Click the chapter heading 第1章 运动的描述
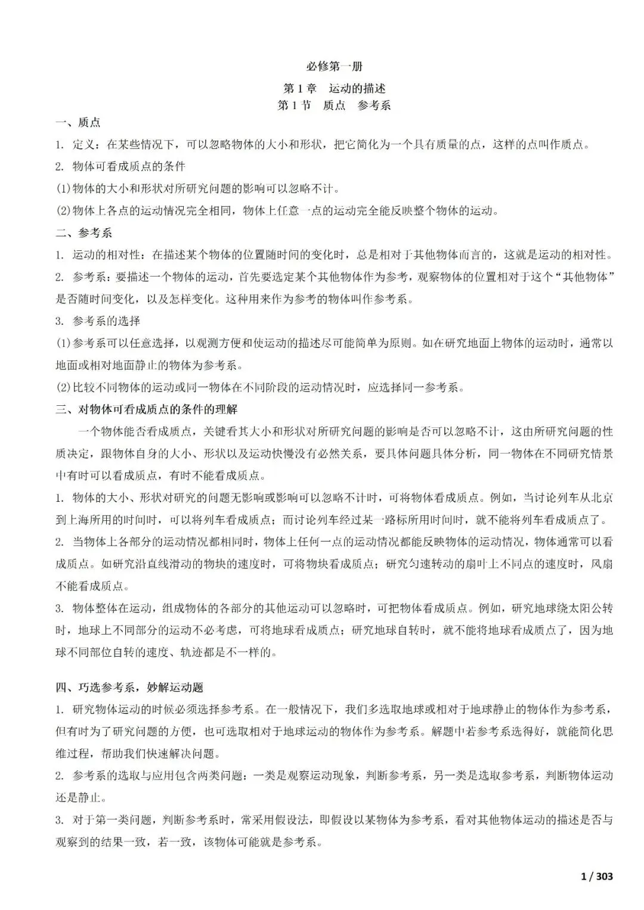(334, 89)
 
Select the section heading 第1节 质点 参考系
(334, 105)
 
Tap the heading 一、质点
(78, 123)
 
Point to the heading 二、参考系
(83, 233)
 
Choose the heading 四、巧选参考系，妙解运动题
(129, 687)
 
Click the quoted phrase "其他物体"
(587, 277)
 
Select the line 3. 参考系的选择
(98, 321)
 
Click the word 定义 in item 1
(85, 145)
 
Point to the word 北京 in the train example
(601, 498)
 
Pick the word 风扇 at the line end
(601, 564)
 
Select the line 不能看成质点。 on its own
(84, 586)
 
